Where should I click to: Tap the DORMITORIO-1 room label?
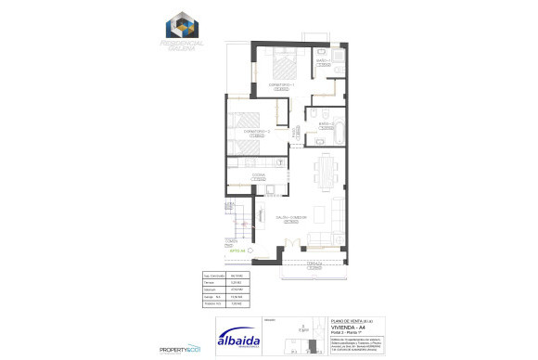pyautogui.click(x=281, y=84)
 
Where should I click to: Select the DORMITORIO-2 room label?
pyautogui.click(x=255, y=132)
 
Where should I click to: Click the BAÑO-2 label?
pyautogui.click(x=326, y=124)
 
